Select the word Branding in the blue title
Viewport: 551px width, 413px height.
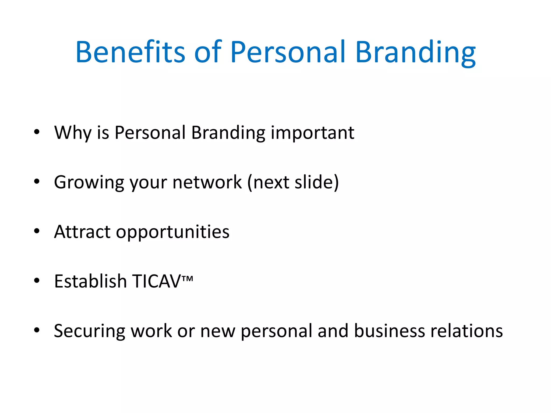415,52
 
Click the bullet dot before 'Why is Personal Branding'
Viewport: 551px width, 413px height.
37,132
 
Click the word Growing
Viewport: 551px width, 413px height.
89,183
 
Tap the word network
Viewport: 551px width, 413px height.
207,182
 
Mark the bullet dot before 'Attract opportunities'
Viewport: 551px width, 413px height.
37,231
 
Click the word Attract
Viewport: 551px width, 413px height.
82,232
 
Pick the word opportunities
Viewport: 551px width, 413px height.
173,232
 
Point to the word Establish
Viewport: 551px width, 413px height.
90,281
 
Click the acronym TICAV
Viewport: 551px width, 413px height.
157,281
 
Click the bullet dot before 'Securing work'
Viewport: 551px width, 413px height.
37,330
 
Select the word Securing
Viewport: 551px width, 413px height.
90,331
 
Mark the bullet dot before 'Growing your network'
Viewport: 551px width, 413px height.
37,181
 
